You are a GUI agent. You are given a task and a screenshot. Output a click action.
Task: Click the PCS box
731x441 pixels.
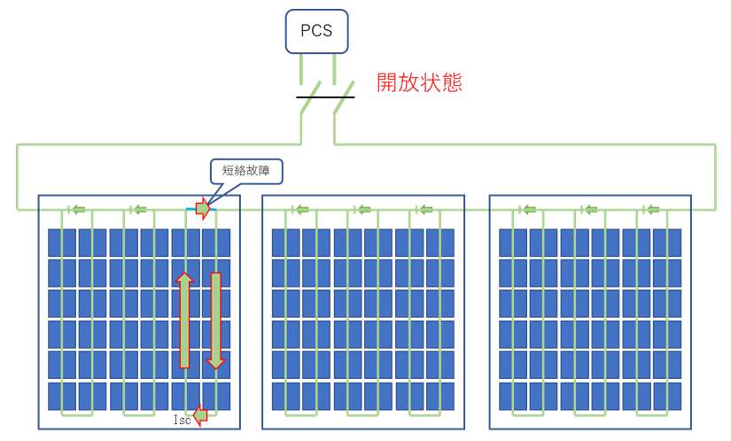[x=316, y=31]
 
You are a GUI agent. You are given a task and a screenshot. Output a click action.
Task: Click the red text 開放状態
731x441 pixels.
[x=419, y=82]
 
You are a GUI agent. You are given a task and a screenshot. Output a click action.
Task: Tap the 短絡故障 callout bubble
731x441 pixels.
[x=246, y=171]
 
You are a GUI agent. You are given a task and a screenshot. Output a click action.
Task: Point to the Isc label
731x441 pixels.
[x=182, y=420]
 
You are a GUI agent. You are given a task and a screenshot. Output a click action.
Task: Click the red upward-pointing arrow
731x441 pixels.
[x=184, y=320]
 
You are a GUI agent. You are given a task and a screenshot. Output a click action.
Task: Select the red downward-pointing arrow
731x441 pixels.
[x=216, y=321]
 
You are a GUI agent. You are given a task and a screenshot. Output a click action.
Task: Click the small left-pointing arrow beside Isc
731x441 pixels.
[x=200, y=415]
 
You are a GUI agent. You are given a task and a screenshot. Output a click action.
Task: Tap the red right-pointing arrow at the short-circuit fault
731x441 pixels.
[x=203, y=209]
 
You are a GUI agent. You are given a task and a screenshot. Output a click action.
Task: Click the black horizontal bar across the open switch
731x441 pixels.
[x=325, y=97]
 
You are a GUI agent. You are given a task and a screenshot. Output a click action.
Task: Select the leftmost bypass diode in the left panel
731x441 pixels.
[x=76, y=210]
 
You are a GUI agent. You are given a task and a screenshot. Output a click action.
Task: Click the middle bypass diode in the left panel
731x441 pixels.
[x=138, y=210]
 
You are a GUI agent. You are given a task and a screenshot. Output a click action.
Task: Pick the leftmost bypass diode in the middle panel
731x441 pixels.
[x=300, y=210]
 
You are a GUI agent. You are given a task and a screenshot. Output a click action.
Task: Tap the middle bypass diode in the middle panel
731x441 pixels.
[x=362, y=210]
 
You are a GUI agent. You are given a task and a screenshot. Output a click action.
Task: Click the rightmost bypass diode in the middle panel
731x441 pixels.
[x=424, y=210]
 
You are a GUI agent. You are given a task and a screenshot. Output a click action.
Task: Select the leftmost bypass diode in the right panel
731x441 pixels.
[x=527, y=210]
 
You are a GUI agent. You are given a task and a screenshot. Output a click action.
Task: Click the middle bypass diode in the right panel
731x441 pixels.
[x=589, y=210]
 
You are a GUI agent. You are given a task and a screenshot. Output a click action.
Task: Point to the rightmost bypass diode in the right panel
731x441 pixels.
[x=651, y=210]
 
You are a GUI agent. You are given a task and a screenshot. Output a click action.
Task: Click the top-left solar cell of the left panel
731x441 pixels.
[x=62, y=243]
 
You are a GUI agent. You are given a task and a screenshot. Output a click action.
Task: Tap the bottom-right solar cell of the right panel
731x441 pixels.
[x=667, y=397]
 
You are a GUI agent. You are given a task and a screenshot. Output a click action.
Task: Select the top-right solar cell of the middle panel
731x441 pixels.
[x=440, y=243]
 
